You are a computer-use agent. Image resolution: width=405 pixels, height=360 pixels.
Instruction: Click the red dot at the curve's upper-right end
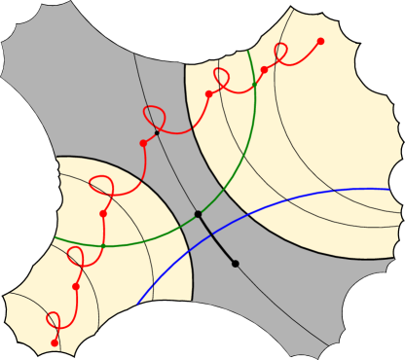click(x=320, y=41)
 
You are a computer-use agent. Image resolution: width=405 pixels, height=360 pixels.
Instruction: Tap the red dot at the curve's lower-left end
click(x=54, y=342)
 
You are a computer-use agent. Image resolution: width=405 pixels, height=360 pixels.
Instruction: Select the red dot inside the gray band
click(x=143, y=143)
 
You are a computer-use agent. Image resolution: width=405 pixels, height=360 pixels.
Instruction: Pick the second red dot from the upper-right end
click(x=264, y=70)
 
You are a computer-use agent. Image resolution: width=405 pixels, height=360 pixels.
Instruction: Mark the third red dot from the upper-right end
click(x=209, y=94)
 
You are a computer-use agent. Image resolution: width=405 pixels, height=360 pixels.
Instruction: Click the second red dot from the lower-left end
click(x=75, y=287)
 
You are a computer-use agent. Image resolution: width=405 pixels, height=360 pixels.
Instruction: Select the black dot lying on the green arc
click(x=198, y=213)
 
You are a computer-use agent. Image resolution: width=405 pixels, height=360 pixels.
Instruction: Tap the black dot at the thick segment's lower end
click(x=235, y=264)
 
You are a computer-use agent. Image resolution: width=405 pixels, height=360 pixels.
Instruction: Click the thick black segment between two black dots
click(x=216, y=238)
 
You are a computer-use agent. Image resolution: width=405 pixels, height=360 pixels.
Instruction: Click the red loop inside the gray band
click(x=153, y=116)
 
